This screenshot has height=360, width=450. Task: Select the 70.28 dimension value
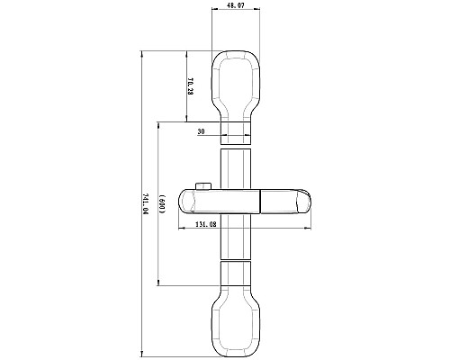point(191,87)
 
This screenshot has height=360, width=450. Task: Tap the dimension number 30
point(202,130)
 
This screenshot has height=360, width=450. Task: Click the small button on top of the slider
point(204,186)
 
